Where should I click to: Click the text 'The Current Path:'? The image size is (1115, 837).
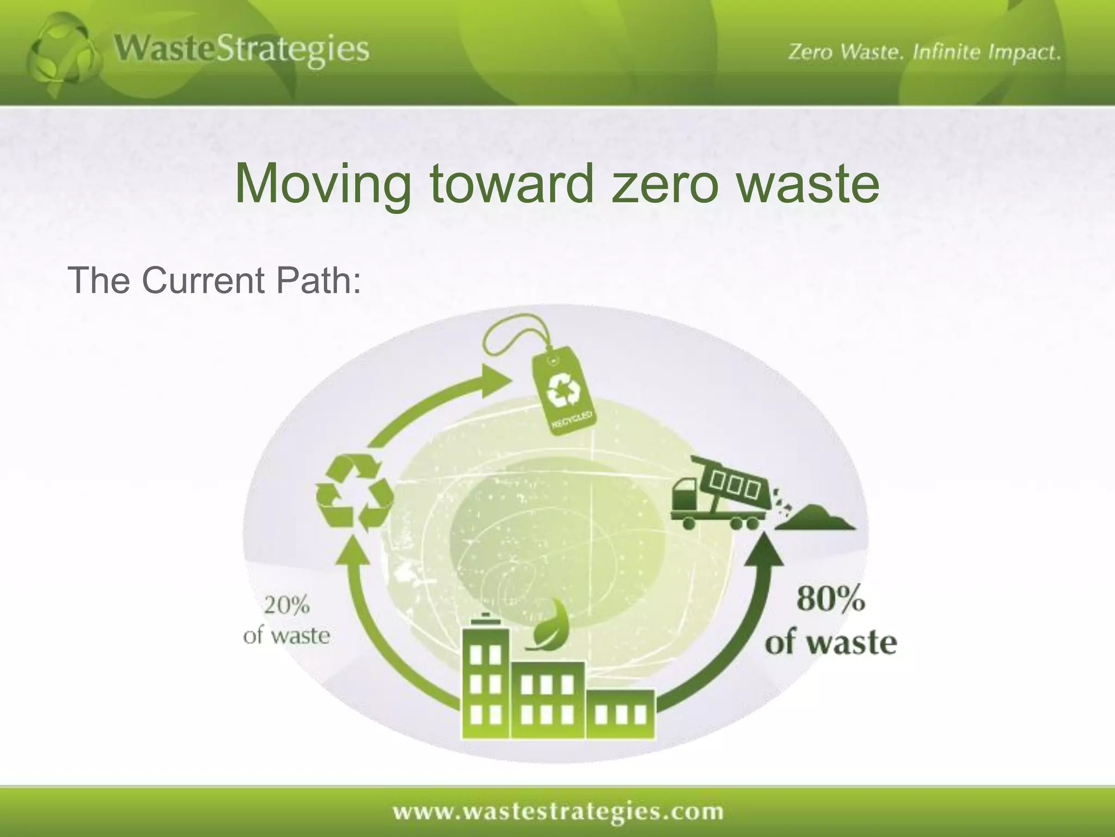(x=214, y=280)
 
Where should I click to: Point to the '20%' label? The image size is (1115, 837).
(x=286, y=605)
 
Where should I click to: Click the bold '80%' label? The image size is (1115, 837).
(x=830, y=599)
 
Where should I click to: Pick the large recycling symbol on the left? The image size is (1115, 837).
(x=355, y=494)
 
